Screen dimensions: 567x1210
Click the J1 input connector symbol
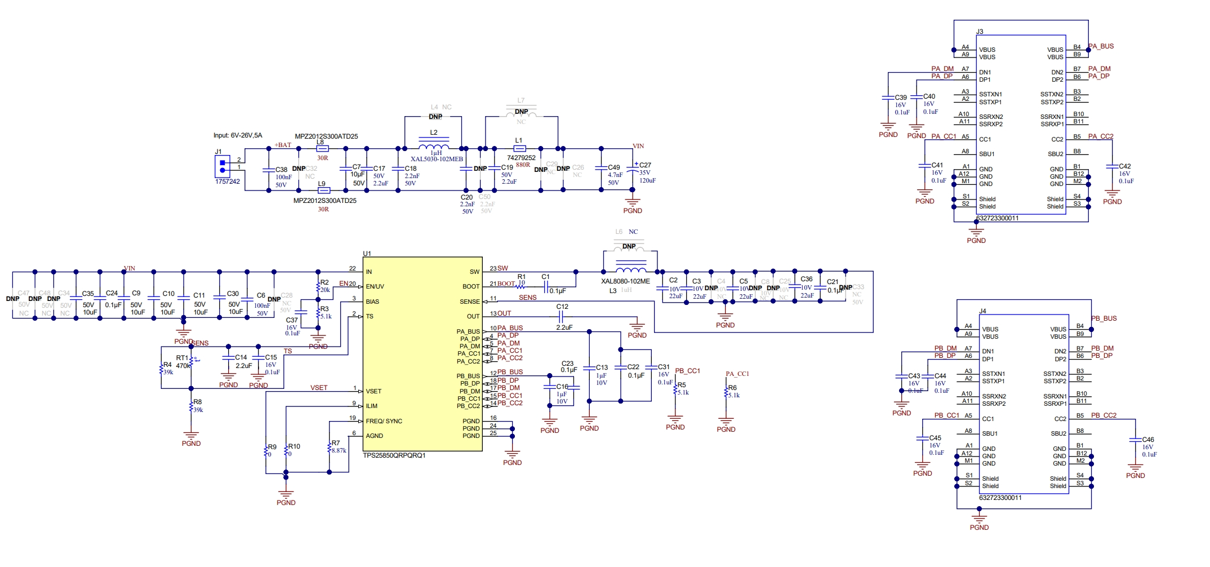pyautogui.click(x=223, y=166)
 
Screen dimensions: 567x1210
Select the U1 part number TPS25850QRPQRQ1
pyautogui.click(x=394, y=455)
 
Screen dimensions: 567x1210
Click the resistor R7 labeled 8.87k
pyautogui.click(x=330, y=448)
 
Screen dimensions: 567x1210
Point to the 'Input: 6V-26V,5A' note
pyautogui.click(x=237, y=135)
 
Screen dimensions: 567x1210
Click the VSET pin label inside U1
pyautogui.click(x=373, y=391)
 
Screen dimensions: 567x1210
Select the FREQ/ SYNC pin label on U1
pyautogui.click(x=384, y=421)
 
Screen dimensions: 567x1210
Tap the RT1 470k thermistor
pyautogui.click(x=191, y=362)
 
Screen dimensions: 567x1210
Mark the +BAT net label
pyautogui.click(x=283, y=145)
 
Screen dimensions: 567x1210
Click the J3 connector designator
pyautogui.click(x=980, y=32)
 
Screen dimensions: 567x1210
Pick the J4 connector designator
pyautogui.click(x=982, y=311)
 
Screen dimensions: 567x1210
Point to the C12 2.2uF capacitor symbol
pyautogui.click(x=561, y=317)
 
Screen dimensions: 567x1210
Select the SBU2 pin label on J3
pyautogui.click(x=1055, y=154)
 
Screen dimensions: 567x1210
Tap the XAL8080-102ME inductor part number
pyautogui.click(x=625, y=281)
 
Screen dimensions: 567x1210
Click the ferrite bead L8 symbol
pyautogui.click(x=323, y=149)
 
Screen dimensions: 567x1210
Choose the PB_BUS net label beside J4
pyautogui.click(x=1104, y=318)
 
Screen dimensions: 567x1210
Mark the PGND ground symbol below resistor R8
pyautogui.click(x=191, y=436)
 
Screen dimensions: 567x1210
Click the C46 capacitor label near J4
pyautogui.click(x=1147, y=440)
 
